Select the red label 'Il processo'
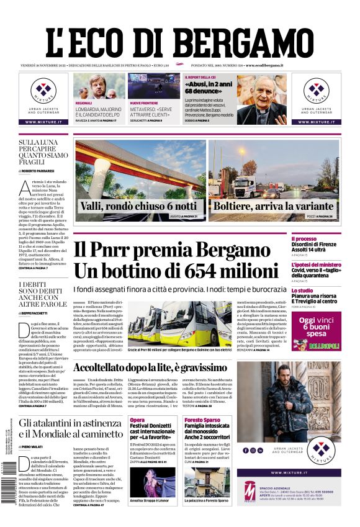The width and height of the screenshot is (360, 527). (x=304, y=239)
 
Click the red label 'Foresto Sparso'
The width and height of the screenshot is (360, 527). (x=202, y=420)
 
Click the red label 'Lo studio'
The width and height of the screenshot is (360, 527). (x=302, y=290)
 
